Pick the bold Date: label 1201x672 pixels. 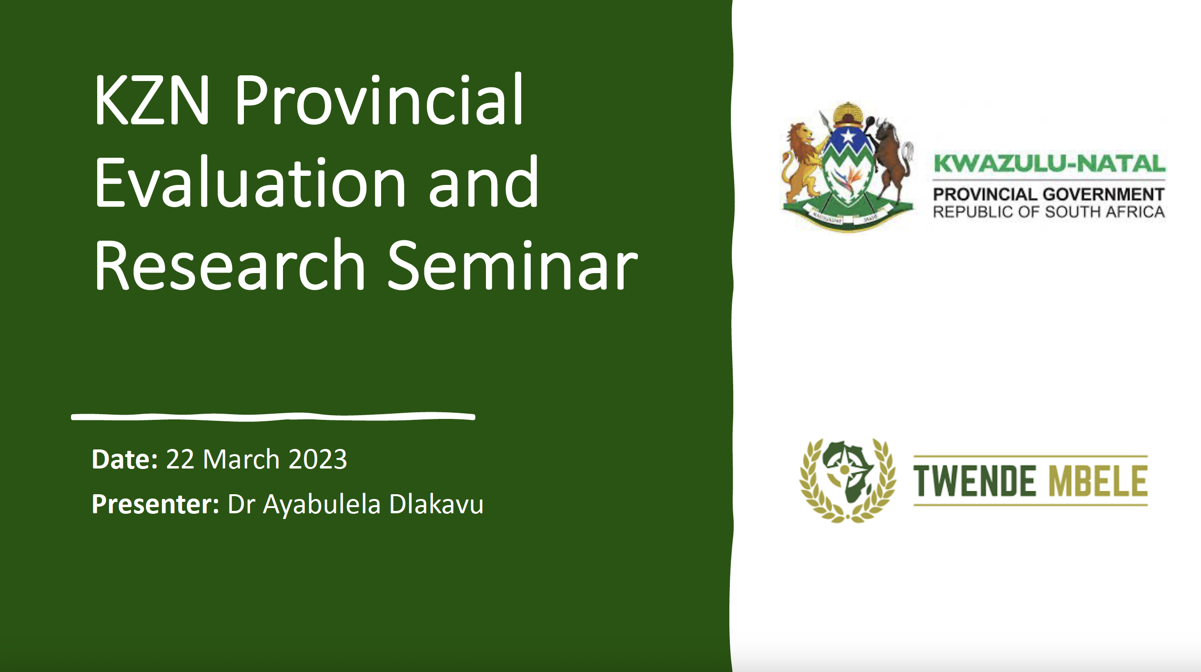[125, 459]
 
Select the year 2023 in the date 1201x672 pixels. [318, 459]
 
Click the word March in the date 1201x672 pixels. [241, 459]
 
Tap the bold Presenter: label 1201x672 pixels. [155, 504]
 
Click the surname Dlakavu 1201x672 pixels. [436, 504]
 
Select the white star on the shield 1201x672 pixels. [848, 137]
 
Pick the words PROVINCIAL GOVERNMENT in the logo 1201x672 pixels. [1049, 194]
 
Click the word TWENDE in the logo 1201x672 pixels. [974, 481]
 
